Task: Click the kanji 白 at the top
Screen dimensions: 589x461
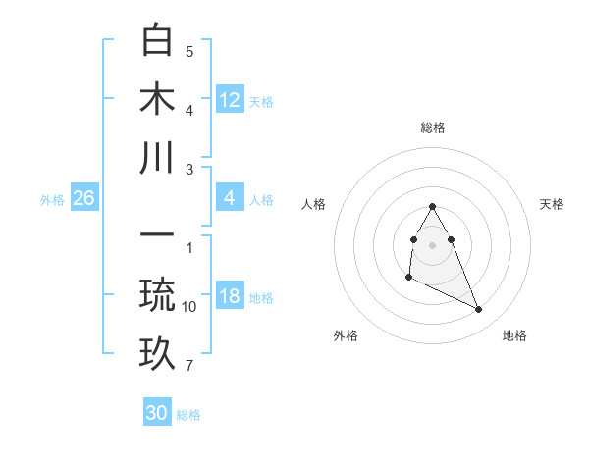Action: pyautogui.click(x=157, y=40)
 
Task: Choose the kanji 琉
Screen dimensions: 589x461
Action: pyautogui.click(x=157, y=295)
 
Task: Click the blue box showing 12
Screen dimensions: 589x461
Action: pyautogui.click(x=230, y=99)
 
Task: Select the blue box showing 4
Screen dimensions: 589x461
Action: pyautogui.click(x=230, y=198)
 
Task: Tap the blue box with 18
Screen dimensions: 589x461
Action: pyautogui.click(x=230, y=296)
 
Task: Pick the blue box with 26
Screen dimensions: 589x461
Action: pyautogui.click(x=83, y=198)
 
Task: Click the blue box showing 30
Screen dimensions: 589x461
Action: pyautogui.click(x=157, y=413)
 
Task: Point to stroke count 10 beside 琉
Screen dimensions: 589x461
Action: pyautogui.click(x=189, y=307)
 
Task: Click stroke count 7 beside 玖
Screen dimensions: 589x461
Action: pyautogui.click(x=189, y=366)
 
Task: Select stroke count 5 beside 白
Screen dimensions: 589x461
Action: pyautogui.click(x=189, y=52)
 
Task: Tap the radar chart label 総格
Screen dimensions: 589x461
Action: pyautogui.click(x=432, y=128)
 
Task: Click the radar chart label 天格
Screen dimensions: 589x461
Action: pyautogui.click(x=553, y=204)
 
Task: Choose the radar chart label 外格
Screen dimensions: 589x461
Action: pyautogui.click(x=346, y=335)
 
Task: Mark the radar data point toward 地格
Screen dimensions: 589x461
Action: pyautogui.click(x=479, y=310)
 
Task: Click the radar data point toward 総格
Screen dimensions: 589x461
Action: pyautogui.click(x=432, y=206)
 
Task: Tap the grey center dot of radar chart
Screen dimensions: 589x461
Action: pyautogui.click(x=432, y=245)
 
